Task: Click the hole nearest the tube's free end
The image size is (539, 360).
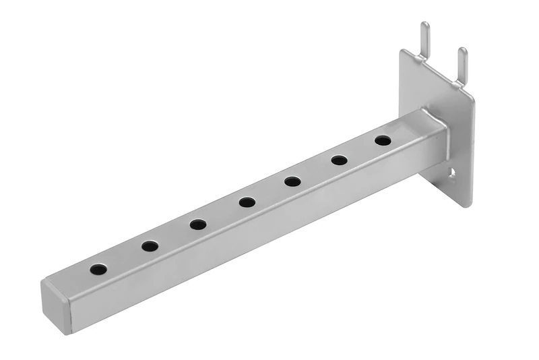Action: [98, 270]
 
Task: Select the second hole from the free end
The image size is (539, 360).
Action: [150, 247]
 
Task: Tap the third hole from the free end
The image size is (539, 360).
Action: [198, 224]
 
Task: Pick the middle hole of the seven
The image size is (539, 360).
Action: [247, 202]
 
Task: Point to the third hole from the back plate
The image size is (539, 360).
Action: [292, 181]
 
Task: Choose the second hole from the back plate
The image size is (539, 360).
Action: [339, 160]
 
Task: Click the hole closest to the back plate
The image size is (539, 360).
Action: [383, 141]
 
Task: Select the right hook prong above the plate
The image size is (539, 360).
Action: [462, 65]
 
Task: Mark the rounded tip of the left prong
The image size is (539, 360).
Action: [424, 26]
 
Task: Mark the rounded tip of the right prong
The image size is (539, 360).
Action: [462, 51]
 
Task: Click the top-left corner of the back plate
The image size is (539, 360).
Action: [403, 52]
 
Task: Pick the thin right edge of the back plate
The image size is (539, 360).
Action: [472, 148]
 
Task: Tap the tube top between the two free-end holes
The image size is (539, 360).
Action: [124, 258]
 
